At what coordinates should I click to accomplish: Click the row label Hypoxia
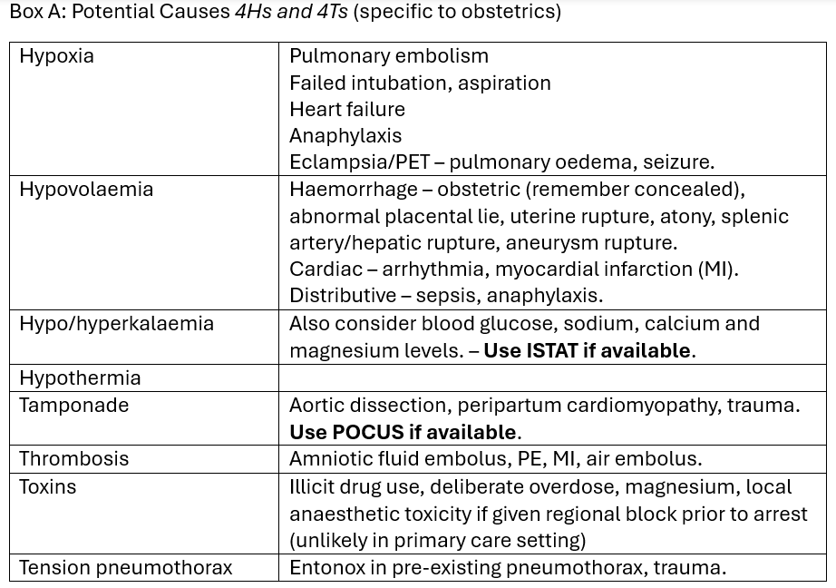coord(56,56)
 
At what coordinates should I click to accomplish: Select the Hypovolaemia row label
coord(86,190)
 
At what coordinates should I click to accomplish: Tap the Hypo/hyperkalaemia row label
coord(116,324)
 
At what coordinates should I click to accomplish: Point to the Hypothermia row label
coord(80,377)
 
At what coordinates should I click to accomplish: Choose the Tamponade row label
coord(73,405)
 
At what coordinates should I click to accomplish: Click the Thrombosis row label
coord(73,459)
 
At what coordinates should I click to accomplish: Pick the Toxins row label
coord(47,486)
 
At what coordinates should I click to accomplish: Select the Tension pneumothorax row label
coord(125,568)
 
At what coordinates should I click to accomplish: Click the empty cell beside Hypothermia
coord(551,377)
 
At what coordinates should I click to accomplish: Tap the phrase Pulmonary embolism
coord(388,56)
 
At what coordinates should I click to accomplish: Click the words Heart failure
coord(346,109)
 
